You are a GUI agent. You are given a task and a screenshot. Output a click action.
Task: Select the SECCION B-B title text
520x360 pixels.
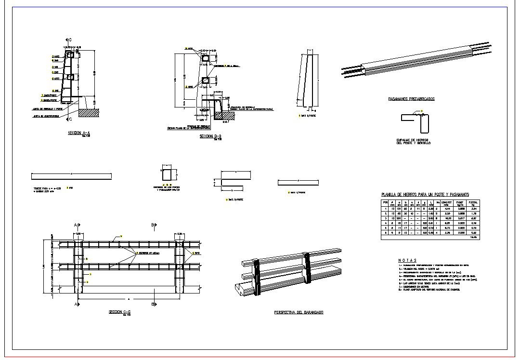tap(210, 136)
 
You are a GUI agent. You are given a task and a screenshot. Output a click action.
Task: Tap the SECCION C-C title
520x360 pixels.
tap(120, 312)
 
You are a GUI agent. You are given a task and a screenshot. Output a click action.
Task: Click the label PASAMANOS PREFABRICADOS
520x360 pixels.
tap(411, 99)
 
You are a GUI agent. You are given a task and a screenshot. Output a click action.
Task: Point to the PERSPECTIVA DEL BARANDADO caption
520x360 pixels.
tap(298, 313)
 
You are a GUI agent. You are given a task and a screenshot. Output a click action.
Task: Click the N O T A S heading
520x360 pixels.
tap(407, 260)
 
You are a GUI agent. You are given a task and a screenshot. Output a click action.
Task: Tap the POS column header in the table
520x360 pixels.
tap(385, 203)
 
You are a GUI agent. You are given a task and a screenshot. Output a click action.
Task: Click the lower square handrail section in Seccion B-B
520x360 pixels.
tap(206, 81)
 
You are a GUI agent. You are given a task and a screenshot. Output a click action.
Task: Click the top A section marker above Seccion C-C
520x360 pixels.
tap(77, 225)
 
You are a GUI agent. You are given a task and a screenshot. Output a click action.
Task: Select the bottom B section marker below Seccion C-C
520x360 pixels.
tap(154, 305)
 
